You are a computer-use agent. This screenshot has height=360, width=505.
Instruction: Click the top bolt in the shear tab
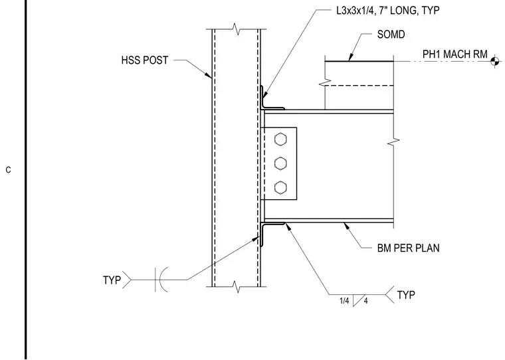280,139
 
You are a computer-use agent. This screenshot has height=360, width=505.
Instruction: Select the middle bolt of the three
280,163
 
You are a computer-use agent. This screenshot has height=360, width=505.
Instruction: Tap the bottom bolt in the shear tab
280,187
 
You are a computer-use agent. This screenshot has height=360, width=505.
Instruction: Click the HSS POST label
145,60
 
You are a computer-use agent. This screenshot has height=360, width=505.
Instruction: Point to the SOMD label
391,35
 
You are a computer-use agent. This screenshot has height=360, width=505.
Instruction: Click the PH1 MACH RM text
454,54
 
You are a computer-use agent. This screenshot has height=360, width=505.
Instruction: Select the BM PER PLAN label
408,248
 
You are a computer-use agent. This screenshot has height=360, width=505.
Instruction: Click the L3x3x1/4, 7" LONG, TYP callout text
388,11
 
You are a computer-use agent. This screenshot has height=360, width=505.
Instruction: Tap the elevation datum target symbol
495,61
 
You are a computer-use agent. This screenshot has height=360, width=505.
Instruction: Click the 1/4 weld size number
344,301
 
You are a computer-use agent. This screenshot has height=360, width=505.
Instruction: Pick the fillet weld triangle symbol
357,300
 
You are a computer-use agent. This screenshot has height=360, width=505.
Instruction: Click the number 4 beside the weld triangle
366,301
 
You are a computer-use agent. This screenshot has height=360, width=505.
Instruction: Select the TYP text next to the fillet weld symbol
406,295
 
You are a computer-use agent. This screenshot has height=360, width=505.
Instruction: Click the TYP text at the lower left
112,280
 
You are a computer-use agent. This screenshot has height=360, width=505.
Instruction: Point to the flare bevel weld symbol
161,280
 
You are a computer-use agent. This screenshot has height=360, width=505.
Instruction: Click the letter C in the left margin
9,170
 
